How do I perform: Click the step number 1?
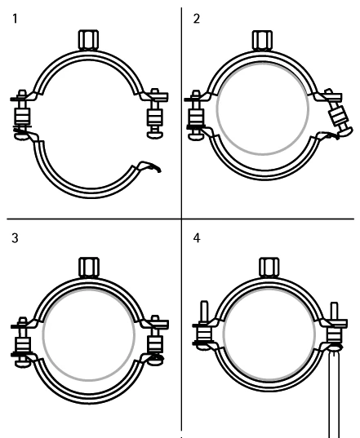15,19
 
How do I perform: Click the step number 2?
197,19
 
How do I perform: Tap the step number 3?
15,238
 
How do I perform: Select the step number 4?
197,238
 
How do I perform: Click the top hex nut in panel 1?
89,40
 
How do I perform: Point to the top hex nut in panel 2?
263,40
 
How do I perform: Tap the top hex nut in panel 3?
89,267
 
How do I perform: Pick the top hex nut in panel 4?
269,268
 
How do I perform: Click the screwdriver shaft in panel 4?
334,394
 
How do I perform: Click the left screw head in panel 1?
21,136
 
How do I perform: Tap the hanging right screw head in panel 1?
155,135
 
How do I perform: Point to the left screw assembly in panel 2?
195,114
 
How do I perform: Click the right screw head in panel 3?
155,361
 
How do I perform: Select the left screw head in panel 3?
22,364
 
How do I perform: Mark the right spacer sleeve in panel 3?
155,344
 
